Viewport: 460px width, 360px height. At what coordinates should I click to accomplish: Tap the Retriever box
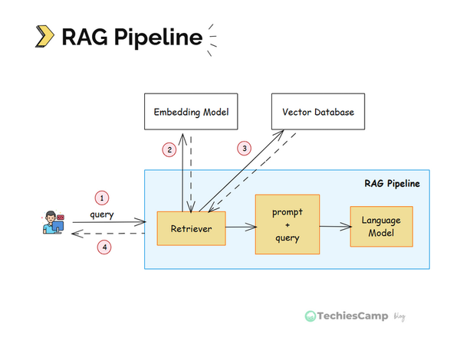point(191,227)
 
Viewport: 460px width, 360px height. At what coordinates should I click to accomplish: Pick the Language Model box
point(381,226)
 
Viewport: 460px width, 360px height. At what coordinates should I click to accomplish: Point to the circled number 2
point(169,150)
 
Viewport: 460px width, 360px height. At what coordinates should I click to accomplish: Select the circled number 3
point(245,147)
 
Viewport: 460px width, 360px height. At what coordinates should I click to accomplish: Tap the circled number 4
point(101,247)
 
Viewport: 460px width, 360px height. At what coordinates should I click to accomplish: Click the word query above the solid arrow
point(101,214)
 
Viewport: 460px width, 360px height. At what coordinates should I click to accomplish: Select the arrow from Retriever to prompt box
point(241,227)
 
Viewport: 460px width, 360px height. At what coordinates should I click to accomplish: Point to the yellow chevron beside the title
point(45,36)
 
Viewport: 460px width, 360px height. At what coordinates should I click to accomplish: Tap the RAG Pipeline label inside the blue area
point(392,184)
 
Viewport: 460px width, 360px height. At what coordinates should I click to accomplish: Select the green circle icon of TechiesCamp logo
point(310,316)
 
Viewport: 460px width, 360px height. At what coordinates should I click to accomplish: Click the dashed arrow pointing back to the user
point(107,233)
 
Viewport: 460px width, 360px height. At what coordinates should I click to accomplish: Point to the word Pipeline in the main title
point(157,37)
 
